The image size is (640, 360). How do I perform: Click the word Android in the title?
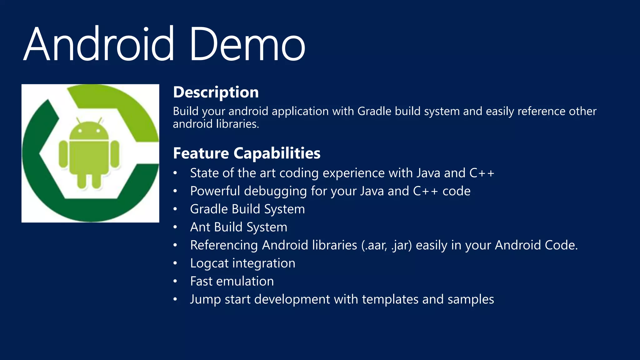(98, 44)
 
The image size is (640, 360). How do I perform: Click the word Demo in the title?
(247, 44)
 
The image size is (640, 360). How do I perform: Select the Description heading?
(216, 92)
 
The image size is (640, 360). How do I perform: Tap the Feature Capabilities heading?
(247, 153)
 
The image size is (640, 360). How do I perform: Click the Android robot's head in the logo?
(89, 131)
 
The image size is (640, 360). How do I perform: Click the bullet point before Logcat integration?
(175, 263)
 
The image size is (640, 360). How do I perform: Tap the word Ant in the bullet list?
(200, 227)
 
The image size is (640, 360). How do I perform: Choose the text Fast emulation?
(232, 281)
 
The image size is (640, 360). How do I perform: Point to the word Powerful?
(215, 191)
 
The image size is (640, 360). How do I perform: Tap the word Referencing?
(224, 245)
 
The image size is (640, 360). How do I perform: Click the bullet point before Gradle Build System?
(175, 209)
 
